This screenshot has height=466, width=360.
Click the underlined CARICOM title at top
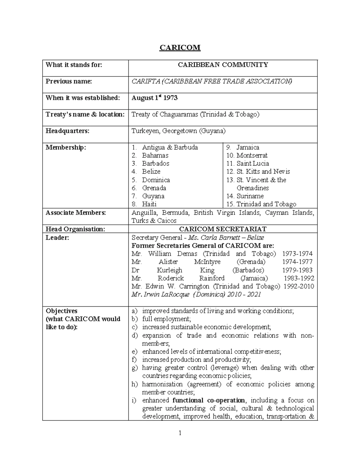[180, 48]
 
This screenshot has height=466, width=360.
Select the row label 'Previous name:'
[69, 81]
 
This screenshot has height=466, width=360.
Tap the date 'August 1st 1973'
[154, 98]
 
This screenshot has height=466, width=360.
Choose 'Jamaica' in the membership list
[247, 147]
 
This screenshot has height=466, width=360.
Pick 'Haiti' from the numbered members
[149, 204]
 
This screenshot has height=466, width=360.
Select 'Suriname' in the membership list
[250, 196]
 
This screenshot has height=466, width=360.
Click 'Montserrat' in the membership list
[252, 155]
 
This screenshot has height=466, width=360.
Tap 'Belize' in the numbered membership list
[151, 172]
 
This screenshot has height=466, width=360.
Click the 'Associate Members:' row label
[76, 213]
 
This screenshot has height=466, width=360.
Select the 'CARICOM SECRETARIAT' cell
[223, 229]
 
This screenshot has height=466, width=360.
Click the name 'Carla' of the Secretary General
[209, 238]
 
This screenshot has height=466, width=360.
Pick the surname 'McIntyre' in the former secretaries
[207, 262]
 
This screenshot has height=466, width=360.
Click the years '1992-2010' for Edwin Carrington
[298, 286]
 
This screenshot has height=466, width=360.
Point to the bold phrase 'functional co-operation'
[208, 400]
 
